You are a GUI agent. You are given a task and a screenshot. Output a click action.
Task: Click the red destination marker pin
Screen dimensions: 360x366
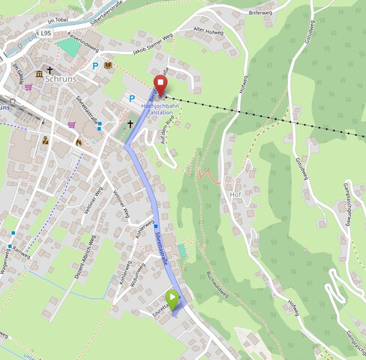coord(160,84)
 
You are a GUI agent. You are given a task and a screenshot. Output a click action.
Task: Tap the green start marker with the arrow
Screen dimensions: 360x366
coord(173,301)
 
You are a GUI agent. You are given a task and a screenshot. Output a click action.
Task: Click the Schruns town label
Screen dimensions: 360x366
coord(61,78)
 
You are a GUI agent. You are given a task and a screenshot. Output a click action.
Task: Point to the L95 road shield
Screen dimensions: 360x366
coord(46,34)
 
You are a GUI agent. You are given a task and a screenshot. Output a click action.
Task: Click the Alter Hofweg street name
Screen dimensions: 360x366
coord(208,31)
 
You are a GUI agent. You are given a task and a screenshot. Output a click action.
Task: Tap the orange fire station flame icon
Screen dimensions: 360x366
coord(78,140)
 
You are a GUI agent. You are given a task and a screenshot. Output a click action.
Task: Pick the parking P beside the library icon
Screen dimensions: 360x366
coord(95,66)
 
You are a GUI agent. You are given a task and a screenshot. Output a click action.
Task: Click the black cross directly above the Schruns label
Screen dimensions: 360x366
coord(50,70)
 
